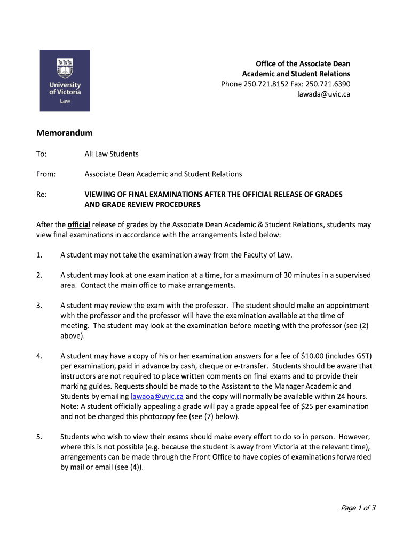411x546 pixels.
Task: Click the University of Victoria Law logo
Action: click(x=65, y=81)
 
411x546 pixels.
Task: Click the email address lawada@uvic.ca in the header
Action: click(x=323, y=94)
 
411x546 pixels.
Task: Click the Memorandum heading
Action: click(x=65, y=133)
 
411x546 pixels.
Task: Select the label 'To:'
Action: click(x=42, y=154)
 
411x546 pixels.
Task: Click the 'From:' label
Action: click(x=46, y=174)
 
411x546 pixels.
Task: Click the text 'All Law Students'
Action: click(x=112, y=154)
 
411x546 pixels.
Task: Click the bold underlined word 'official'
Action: click(x=78, y=224)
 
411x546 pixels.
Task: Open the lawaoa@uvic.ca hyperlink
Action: click(x=157, y=396)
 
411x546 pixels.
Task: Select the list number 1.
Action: click(x=39, y=255)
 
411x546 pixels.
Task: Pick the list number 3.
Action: click(x=39, y=306)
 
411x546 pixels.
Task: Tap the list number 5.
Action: click(x=39, y=437)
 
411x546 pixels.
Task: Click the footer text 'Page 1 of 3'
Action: click(x=358, y=508)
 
